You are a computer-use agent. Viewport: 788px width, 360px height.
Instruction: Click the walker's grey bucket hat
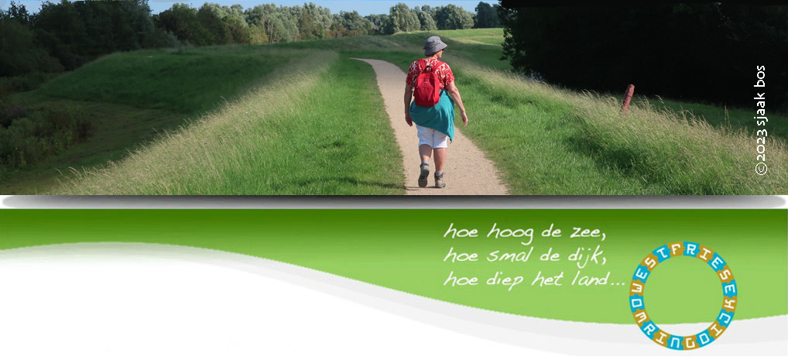click(x=435, y=45)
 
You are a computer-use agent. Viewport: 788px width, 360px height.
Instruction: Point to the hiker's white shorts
click(x=432, y=137)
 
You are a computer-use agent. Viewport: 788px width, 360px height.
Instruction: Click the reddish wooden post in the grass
click(x=627, y=98)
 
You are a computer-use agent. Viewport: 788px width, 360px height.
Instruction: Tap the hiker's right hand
click(x=464, y=121)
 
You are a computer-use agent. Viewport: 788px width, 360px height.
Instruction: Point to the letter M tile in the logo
click(x=642, y=317)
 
